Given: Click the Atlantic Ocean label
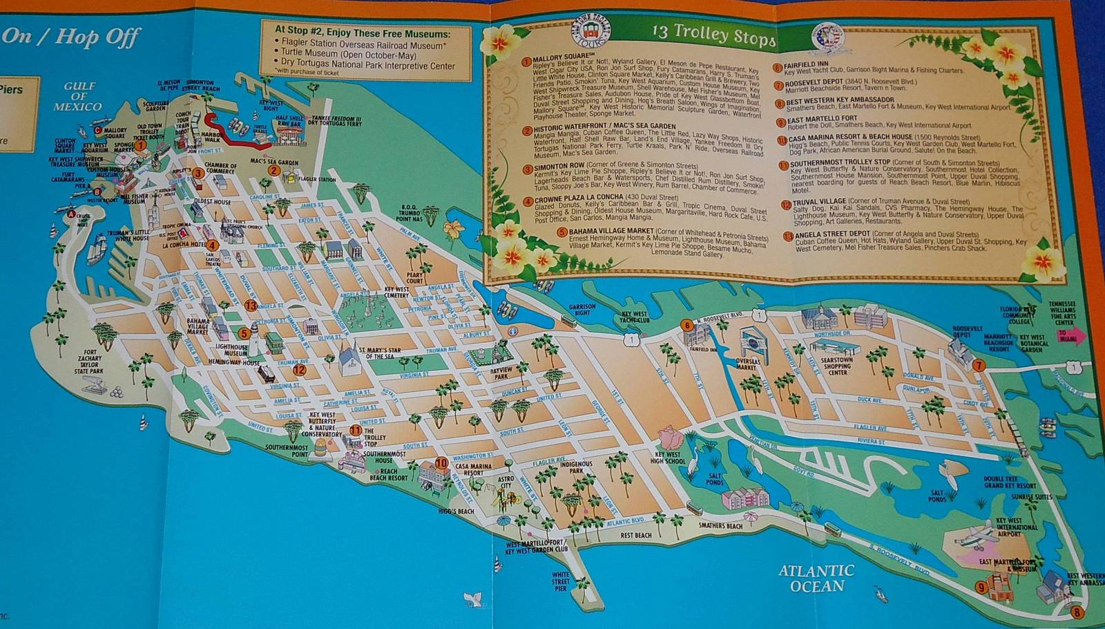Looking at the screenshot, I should click(816, 579).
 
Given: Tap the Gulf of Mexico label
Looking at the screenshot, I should click(77, 96).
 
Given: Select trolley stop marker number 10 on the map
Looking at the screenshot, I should click(441, 463).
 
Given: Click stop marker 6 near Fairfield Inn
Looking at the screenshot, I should click(686, 325).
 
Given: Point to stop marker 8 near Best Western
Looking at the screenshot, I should click(1075, 612).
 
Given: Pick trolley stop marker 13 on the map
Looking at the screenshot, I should click(250, 305).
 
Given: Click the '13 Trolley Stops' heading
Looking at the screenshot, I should click(713, 34).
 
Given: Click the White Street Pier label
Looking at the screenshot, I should click(561, 581).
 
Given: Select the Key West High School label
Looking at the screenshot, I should click(668, 458).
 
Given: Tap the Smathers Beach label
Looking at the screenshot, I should click(720, 525).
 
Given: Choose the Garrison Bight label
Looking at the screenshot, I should click(582, 310).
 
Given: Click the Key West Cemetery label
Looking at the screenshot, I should click(396, 292).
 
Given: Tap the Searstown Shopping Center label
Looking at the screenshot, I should click(837, 366).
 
